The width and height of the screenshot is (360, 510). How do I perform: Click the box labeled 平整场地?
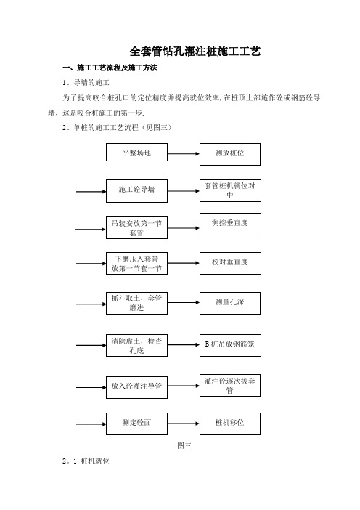pos(136,153)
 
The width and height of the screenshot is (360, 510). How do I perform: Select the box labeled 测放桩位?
pos(230,154)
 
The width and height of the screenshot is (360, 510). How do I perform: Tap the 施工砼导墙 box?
pos(136,191)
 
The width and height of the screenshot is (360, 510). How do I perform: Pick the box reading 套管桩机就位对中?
pos(230,190)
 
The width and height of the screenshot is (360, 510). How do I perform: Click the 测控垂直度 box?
pos(230,224)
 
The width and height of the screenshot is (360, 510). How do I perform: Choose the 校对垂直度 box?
pos(230,263)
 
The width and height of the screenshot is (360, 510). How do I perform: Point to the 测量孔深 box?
pos(230,303)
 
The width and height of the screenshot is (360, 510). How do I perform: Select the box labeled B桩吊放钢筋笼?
pos(230,345)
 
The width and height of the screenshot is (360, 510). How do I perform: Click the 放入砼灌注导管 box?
pos(136,387)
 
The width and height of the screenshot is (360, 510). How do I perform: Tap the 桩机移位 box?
pos(230,424)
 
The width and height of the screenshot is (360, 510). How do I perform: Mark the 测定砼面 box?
pos(136,424)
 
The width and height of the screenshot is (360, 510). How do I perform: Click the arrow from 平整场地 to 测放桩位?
pos(184,153)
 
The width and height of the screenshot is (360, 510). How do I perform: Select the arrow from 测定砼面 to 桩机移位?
pos(184,424)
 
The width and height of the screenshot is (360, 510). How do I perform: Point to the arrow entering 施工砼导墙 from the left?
pos(91,192)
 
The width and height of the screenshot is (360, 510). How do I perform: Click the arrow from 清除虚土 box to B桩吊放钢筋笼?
pos(184,345)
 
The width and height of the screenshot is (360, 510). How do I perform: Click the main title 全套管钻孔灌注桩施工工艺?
pos(195,52)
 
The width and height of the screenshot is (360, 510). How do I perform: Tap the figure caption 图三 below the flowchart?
pos(184,445)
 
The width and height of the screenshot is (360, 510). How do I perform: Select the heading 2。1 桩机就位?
pos(86,461)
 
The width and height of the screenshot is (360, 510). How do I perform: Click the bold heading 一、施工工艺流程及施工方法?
pos(110,68)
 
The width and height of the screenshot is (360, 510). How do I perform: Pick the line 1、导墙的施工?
pos(86,83)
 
